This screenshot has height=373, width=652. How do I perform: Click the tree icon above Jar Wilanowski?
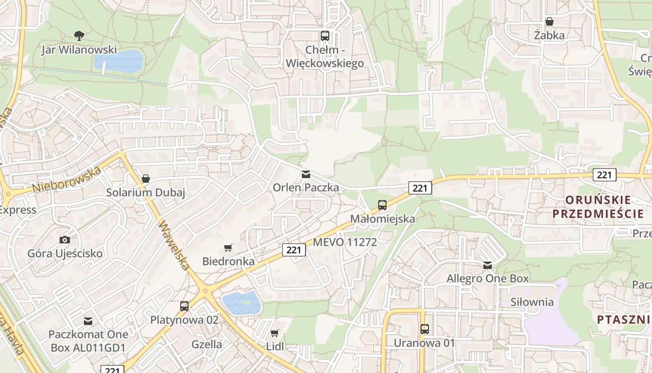tap(79, 35)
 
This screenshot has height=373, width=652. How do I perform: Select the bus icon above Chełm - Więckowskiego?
tap(325, 35)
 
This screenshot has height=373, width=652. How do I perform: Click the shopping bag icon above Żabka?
tap(550, 21)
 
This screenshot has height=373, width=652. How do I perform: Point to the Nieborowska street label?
tap(67, 180)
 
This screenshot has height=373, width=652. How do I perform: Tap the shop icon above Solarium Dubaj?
tap(146, 179)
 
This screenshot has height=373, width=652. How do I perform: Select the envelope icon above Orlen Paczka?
tap(306, 174)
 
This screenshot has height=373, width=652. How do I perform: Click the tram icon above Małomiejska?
tap(382, 205)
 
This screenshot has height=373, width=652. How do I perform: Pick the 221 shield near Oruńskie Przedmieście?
tap(604, 175)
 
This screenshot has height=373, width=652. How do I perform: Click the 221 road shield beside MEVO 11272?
tap(294, 250)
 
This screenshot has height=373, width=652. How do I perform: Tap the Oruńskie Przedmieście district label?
tap(598, 207)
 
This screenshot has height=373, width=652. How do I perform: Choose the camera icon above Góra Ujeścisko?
tap(65, 240)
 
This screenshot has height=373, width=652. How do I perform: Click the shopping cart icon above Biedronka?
tap(228, 248)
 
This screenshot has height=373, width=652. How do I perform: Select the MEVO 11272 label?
tap(345, 242)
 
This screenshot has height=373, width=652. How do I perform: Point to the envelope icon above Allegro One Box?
tap(488, 265)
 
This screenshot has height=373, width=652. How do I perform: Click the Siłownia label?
tap(532, 302)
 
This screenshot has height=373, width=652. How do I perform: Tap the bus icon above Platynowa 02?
tap(184, 306)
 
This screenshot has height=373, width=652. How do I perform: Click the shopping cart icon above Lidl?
tap(275, 333)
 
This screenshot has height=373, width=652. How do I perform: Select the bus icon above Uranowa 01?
tap(424, 329)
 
